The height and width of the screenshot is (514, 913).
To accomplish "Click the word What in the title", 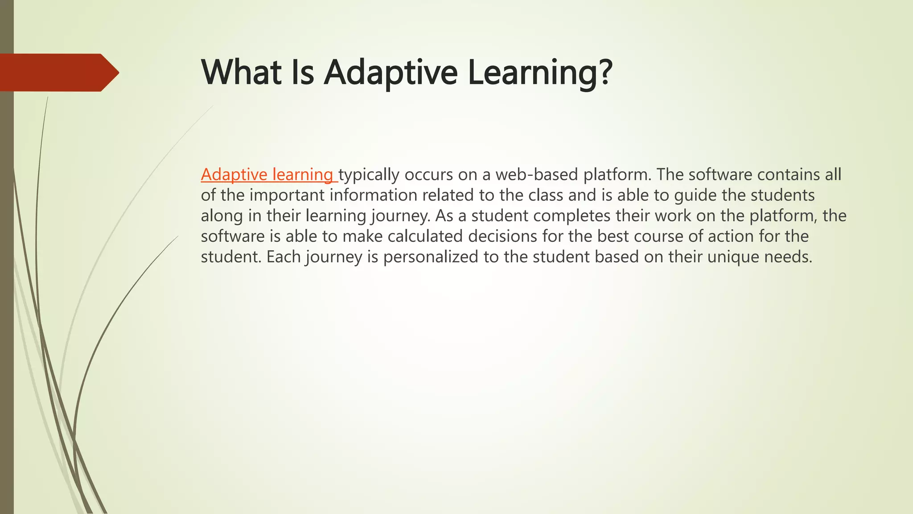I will pos(241,72).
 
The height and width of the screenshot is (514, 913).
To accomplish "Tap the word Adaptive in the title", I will pos(391,72).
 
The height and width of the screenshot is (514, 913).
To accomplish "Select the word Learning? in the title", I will pos(540,72).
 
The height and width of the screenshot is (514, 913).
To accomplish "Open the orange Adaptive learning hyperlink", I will pos(267,174).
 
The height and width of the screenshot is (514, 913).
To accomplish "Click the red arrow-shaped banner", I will pos(58,72).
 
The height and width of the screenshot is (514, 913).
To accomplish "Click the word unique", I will pos(733,257).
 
